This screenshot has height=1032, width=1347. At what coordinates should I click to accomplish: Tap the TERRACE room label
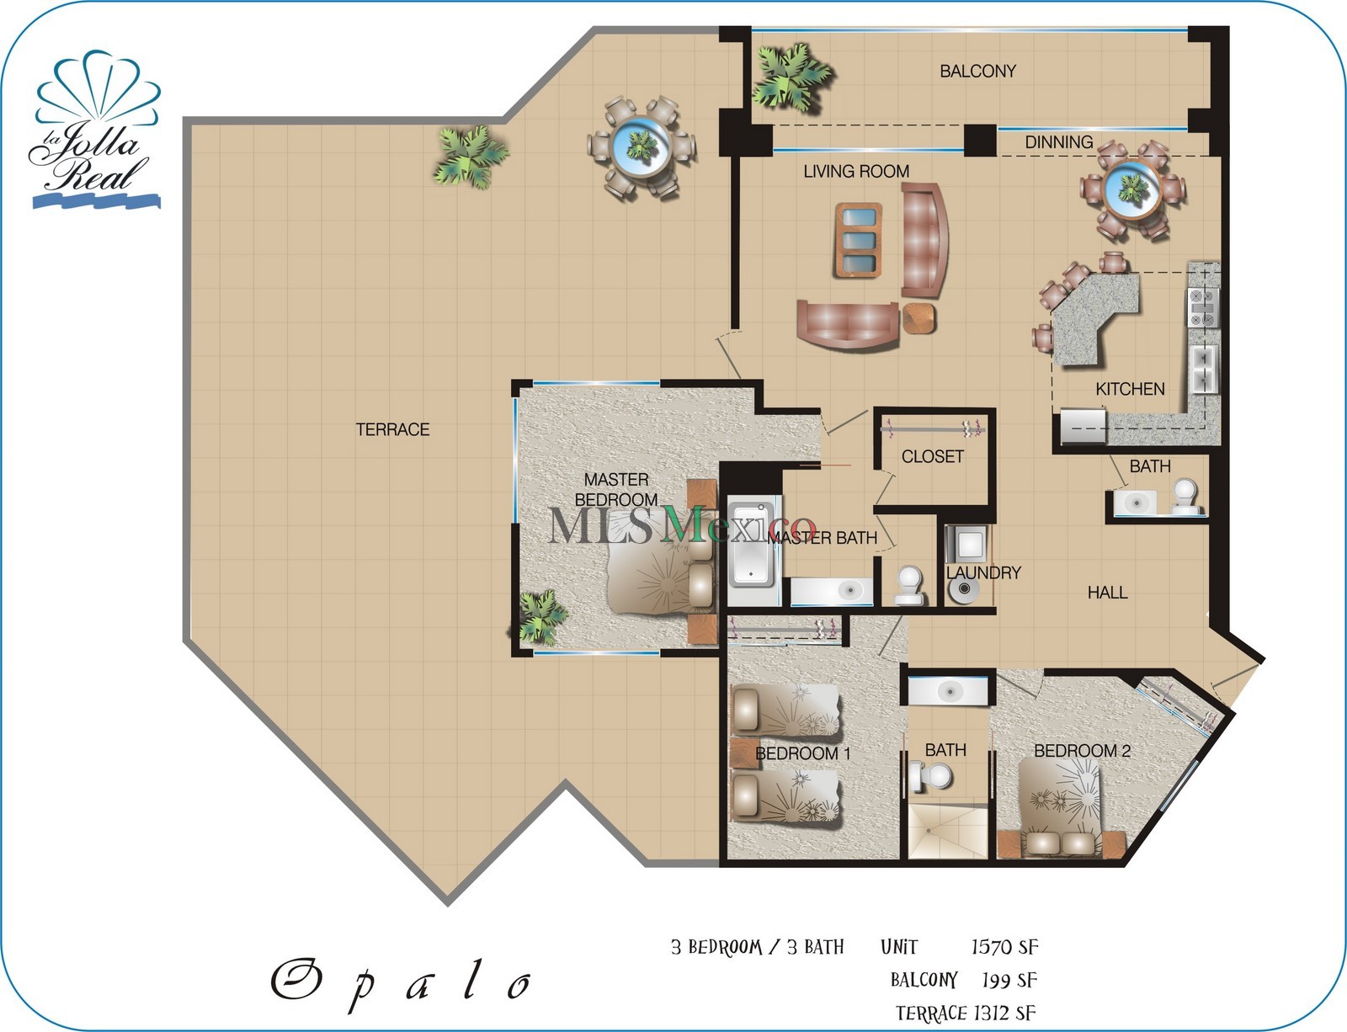(x=392, y=430)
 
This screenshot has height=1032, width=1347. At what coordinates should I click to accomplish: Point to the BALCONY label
(x=977, y=72)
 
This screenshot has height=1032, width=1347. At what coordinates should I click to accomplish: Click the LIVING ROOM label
(x=855, y=172)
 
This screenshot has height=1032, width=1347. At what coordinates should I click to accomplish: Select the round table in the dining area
(x=1133, y=191)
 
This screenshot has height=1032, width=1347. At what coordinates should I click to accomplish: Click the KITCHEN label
(x=1130, y=389)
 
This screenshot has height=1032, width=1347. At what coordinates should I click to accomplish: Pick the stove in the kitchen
(x=1202, y=307)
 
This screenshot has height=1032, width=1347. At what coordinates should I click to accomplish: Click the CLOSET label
(x=932, y=456)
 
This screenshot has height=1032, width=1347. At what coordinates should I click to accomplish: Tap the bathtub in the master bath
(x=752, y=545)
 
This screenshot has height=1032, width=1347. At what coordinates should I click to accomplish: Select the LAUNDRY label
(x=982, y=572)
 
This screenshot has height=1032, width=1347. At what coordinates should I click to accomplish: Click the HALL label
(x=1107, y=593)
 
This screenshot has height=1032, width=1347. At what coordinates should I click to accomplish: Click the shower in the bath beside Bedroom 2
(x=947, y=831)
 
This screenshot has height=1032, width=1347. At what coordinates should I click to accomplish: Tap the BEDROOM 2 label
(x=1082, y=750)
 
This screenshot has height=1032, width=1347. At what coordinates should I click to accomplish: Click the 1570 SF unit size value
(x=1004, y=947)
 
